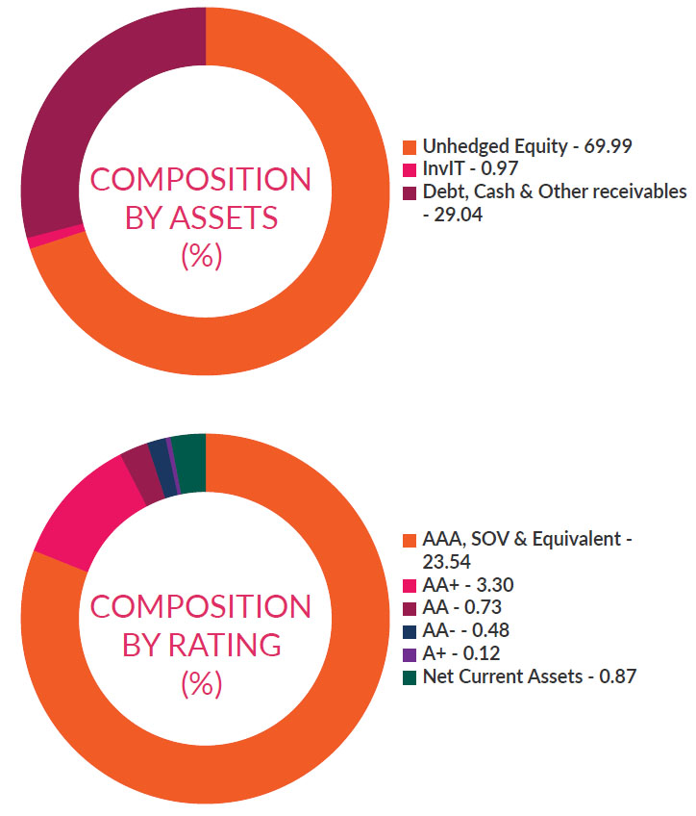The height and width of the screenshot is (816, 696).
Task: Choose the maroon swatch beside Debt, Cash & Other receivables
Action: pos(410,192)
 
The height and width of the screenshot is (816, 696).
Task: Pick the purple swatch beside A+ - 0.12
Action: pos(410,654)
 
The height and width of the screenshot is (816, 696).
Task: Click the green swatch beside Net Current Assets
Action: pos(410,677)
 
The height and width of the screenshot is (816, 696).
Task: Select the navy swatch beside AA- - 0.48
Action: pos(410,631)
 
